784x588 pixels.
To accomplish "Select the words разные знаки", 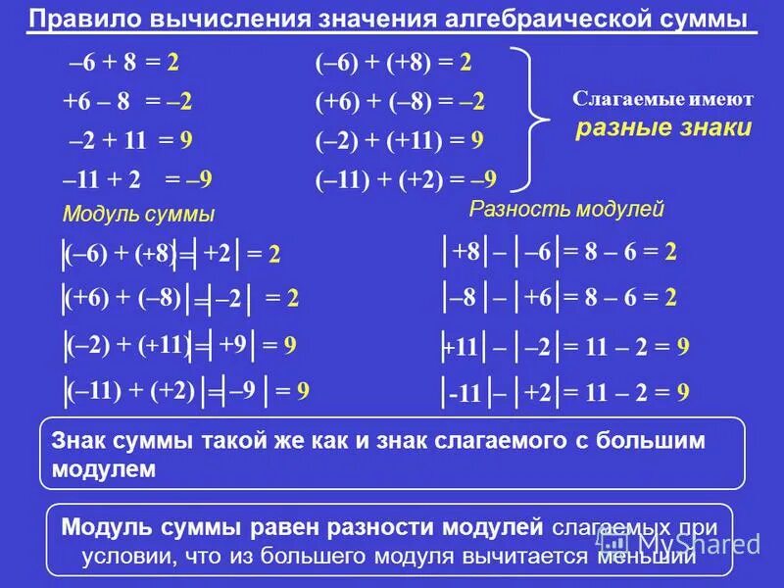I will point(663,127).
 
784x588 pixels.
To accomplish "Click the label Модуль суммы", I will point(138,215).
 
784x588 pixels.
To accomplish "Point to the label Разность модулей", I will point(566,209).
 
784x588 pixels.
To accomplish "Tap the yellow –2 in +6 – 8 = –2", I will point(178,101).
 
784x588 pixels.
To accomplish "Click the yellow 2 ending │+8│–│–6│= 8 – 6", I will point(670,252).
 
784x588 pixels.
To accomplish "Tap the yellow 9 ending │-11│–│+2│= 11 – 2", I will point(683,393).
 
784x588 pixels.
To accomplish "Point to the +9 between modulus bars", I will point(232,344).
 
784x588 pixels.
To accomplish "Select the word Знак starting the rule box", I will point(77,442).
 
